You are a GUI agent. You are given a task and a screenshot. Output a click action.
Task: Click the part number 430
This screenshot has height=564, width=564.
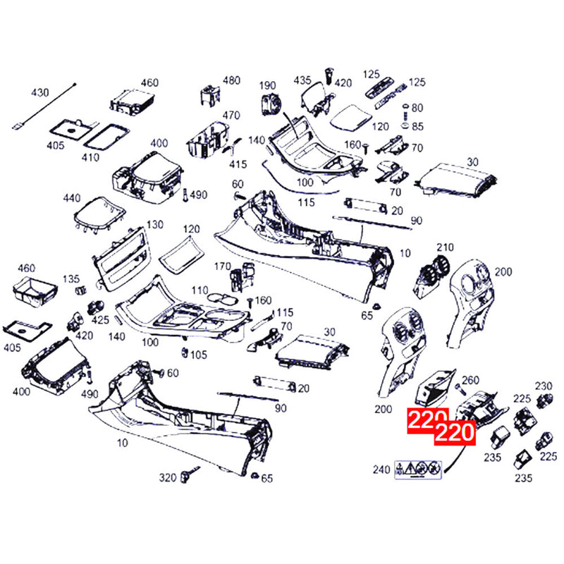[39, 93]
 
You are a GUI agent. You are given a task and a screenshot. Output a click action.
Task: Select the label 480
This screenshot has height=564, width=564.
[231, 80]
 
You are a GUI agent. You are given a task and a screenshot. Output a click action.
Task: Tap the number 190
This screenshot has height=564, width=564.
[267, 85]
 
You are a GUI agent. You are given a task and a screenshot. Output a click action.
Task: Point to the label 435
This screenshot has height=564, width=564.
[302, 80]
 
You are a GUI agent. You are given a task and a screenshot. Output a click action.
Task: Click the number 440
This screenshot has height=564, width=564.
[72, 198]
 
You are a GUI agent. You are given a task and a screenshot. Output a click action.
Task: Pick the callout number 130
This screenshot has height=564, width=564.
[155, 225]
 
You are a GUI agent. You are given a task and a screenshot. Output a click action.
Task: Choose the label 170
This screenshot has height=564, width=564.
[222, 266]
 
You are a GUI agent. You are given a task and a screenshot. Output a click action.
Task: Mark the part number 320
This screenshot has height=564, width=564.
[168, 478]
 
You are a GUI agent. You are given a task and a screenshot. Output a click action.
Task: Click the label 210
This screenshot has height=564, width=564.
[445, 247]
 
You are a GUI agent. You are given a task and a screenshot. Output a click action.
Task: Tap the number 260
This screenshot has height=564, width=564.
[470, 380]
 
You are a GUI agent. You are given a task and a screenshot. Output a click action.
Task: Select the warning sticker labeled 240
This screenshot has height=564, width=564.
[418, 470]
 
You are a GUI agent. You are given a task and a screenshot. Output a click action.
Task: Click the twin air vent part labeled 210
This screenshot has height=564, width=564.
[434, 277]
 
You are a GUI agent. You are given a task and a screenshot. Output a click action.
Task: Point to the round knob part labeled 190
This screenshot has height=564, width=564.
[271, 104]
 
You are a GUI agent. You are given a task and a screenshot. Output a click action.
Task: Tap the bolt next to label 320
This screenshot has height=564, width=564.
[189, 474]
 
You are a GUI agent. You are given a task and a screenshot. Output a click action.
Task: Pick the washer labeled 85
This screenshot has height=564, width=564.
[405, 126]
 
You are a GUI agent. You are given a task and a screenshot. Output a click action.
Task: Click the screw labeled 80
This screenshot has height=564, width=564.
[405, 111]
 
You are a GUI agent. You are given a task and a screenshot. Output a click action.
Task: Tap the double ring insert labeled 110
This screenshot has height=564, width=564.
[223, 298]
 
